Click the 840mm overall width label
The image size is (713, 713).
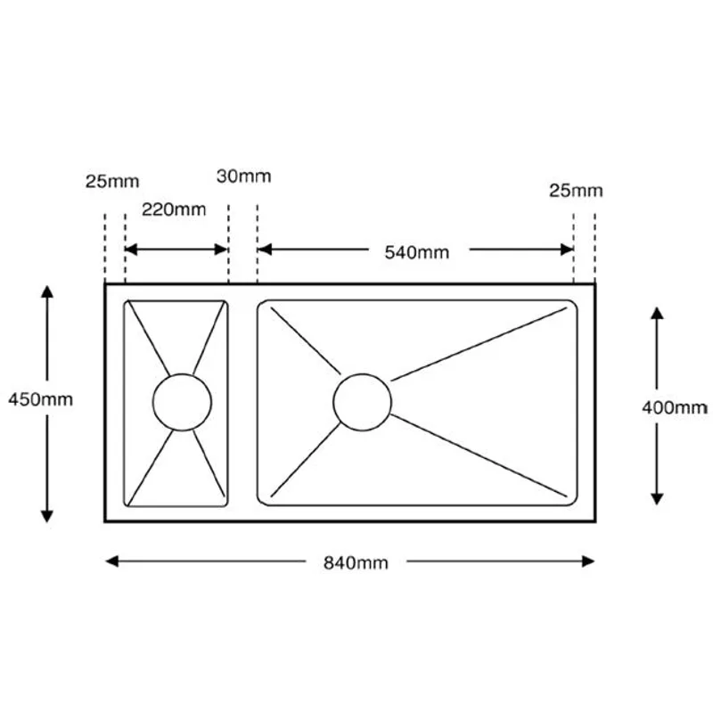pyautogui.click(x=356, y=563)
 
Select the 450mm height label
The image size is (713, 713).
pyautogui.click(x=40, y=399)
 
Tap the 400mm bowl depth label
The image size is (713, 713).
pyautogui.click(x=675, y=407)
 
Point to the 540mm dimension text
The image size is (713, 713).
pyautogui.click(x=416, y=252)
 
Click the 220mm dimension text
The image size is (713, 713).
pyautogui.click(x=174, y=209)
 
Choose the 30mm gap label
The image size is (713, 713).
pyautogui.click(x=243, y=176)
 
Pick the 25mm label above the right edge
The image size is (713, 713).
pyautogui.click(x=576, y=191)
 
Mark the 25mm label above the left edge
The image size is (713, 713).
pyautogui.click(x=112, y=182)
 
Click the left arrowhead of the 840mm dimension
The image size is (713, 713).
pyautogui.click(x=112, y=561)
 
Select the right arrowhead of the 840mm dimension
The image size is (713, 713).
pyautogui.click(x=588, y=561)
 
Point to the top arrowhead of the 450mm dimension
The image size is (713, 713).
pyautogui.click(x=47, y=291)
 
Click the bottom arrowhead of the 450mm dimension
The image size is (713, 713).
pyautogui.click(x=47, y=516)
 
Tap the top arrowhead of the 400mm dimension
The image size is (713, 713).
pyautogui.click(x=657, y=313)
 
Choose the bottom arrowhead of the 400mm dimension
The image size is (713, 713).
pyautogui.click(x=657, y=499)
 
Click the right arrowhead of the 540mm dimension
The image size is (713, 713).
pyautogui.click(x=567, y=250)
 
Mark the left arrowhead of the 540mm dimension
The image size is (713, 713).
pyautogui.click(x=265, y=250)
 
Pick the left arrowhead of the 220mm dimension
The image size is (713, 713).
pyautogui.click(x=131, y=250)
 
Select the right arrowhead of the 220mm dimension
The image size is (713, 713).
pyautogui.click(x=221, y=250)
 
